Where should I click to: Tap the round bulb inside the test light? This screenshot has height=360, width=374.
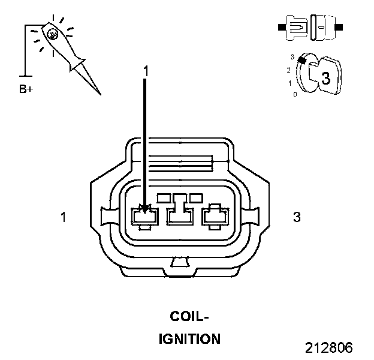[53, 34]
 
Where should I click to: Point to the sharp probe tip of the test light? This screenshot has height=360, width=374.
[99, 93]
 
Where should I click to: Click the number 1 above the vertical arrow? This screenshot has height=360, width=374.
[144, 71]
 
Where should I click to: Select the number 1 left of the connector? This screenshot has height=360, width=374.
[64, 217]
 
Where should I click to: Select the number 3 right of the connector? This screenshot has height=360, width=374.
[297, 217]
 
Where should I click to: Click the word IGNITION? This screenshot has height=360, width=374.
[189, 339]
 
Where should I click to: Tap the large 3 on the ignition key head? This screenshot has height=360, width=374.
[325, 78]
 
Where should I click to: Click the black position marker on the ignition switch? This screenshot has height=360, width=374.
[303, 59]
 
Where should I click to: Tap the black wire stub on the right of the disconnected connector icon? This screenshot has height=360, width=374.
[339, 28]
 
